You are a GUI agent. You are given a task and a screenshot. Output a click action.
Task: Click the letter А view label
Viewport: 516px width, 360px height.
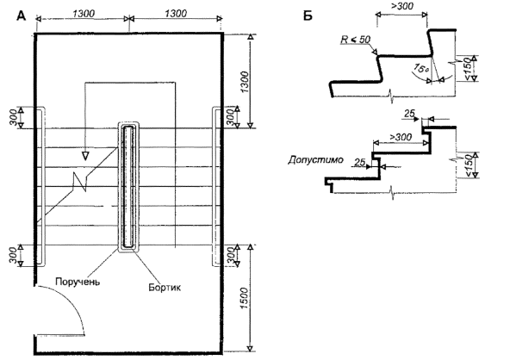coord(21,16)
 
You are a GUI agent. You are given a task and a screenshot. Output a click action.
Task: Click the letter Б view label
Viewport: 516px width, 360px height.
coord(308,16)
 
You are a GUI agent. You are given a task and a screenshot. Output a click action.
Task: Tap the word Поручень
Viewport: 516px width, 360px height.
coord(78,282)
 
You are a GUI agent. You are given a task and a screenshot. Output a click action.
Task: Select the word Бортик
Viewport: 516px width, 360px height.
coord(165,288)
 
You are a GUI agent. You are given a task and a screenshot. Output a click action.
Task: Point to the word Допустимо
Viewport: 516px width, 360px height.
coord(315,160)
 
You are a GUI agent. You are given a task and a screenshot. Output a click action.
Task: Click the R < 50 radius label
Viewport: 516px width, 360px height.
coord(356,40)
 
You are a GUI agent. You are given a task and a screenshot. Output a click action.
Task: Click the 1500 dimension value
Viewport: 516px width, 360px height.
coord(245,298)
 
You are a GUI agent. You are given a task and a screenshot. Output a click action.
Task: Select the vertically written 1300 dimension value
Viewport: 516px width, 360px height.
coord(245,82)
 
